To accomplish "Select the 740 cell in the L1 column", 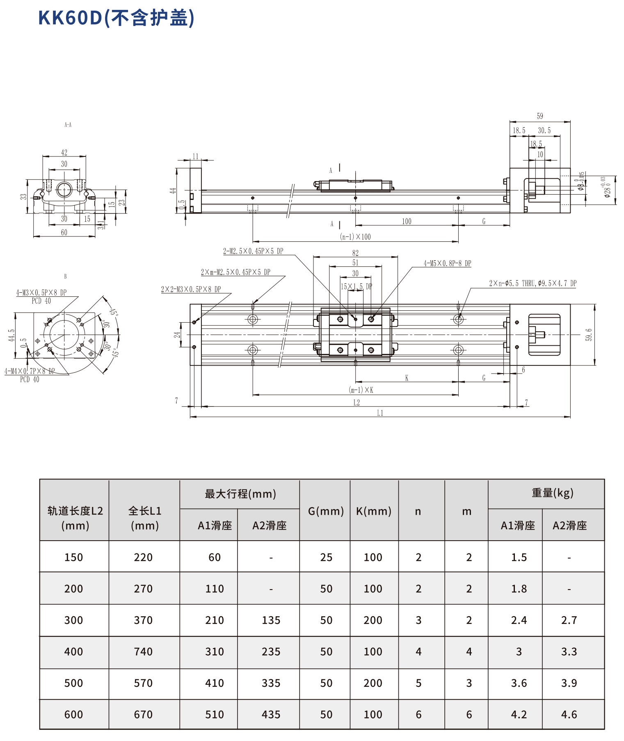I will point(143,652).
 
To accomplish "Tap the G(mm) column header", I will point(326,511).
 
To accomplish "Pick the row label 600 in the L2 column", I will point(74,714).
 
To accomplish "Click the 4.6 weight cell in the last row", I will point(569,714).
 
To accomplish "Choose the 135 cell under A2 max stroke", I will point(271,620).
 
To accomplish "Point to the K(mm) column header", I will point(373,511).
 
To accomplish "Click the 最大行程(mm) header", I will point(240,494).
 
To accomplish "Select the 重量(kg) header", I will point(552,493).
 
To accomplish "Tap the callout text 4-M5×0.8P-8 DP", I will point(447,264).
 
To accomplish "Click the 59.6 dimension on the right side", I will point(589,335).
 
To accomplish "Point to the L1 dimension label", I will point(380,413).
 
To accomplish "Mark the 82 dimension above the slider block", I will point(355,253).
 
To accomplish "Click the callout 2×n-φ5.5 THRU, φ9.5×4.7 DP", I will point(533,283).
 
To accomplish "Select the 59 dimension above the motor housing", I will point(540,116).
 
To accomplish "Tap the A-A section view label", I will point(68,125).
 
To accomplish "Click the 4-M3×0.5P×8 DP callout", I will point(41,293).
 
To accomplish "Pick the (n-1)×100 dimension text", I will point(355,237).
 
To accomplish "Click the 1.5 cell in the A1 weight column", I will point(519,557).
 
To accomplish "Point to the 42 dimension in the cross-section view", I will point(64,152).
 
